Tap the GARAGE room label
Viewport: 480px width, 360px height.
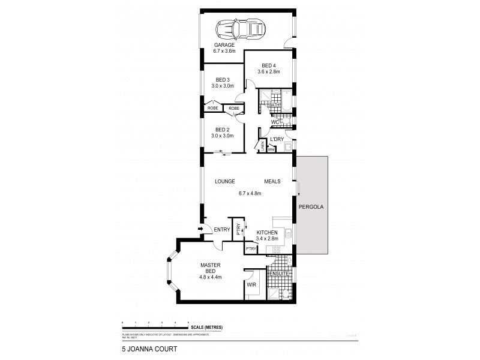(x=224, y=45)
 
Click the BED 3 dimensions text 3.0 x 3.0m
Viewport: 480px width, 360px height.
(x=223, y=86)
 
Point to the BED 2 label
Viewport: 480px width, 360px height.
(x=223, y=130)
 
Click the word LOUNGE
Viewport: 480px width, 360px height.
(x=225, y=181)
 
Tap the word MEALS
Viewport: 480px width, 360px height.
(x=272, y=181)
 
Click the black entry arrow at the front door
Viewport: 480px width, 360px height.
(x=201, y=228)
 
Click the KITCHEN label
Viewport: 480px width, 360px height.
(x=266, y=232)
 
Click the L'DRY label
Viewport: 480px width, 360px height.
(x=277, y=140)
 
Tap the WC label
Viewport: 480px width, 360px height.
(x=275, y=122)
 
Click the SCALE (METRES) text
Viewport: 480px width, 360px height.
(x=208, y=326)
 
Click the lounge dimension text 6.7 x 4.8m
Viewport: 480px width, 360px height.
(x=250, y=194)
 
